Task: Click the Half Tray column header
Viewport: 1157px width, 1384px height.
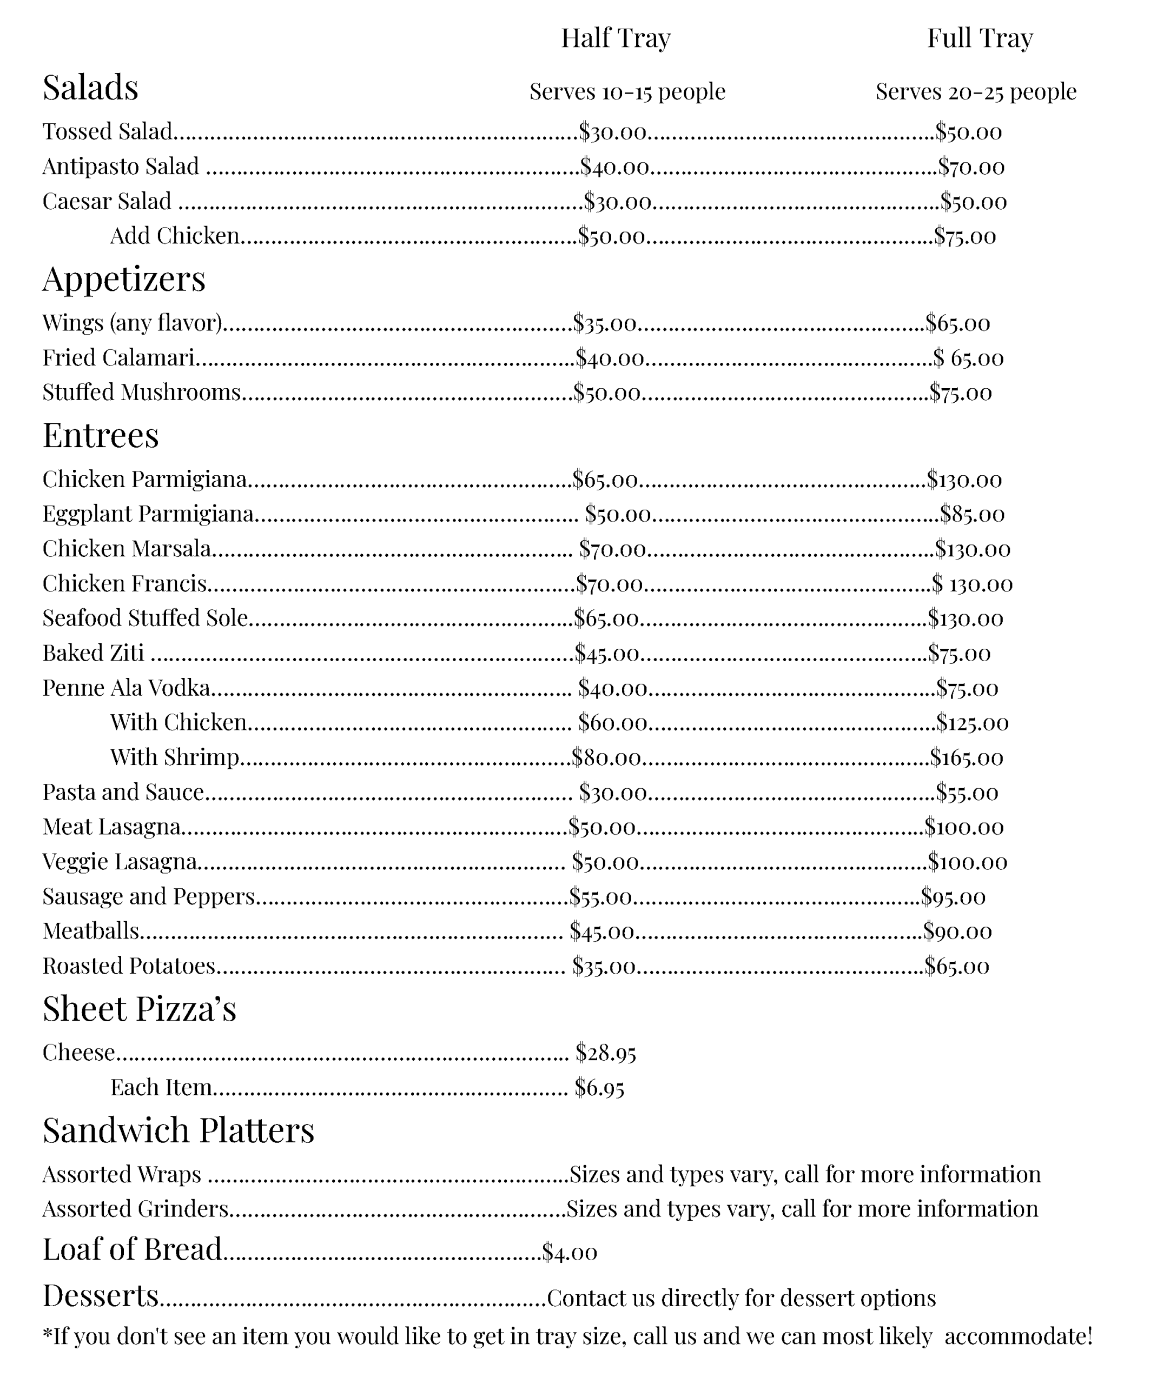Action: (615, 38)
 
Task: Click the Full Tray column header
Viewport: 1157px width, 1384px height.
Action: (980, 38)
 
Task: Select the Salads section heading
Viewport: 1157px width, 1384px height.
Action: (90, 87)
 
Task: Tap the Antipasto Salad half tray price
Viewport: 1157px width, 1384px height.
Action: (614, 167)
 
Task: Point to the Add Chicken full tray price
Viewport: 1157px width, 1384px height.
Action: (964, 236)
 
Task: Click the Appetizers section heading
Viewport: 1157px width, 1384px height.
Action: (124, 279)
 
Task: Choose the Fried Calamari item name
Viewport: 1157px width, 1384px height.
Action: (118, 358)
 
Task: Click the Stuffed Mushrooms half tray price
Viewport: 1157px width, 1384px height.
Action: (606, 393)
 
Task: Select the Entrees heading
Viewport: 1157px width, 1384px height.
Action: (100, 436)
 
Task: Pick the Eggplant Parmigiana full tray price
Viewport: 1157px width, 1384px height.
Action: (972, 514)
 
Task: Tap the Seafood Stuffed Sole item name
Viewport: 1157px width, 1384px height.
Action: (145, 618)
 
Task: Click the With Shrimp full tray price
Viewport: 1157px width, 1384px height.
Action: (967, 758)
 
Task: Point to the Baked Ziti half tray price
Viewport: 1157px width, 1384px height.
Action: (606, 653)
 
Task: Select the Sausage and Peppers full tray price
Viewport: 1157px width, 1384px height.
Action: (953, 897)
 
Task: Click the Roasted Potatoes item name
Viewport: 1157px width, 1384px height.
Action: (129, 966)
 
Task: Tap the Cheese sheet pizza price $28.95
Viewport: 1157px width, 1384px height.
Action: (605, 1053)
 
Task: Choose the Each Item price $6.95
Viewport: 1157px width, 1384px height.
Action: (599, 1087)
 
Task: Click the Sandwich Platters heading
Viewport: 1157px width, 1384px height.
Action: (178, 1131)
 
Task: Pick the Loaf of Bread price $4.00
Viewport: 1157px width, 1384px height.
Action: (570, 1252)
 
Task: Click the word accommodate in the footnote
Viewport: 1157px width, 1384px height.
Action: (1019, 1336)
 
